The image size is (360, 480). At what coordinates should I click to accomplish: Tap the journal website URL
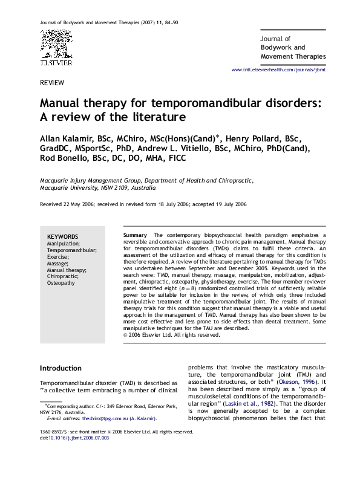point(279,71)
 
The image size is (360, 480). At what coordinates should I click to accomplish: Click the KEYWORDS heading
point(62,236)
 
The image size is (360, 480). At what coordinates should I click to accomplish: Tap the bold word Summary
point(134,235)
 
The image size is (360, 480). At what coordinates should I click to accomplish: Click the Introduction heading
point(61,368)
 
